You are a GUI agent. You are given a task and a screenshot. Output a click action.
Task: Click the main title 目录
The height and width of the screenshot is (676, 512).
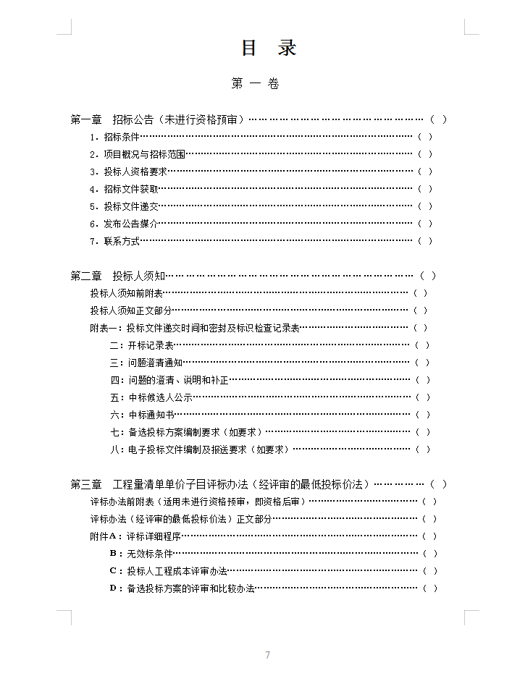[x=268, y=48]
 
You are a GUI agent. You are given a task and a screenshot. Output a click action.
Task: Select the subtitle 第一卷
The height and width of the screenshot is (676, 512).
[x=255, y=84]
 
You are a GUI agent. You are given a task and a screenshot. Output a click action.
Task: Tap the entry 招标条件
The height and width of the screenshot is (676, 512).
[x=121, y=137]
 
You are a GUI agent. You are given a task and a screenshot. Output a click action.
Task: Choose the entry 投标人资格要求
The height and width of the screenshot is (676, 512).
[x=135, y=172]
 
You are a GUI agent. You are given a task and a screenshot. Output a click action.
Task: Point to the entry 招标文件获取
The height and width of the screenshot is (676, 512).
[x=130, y=189]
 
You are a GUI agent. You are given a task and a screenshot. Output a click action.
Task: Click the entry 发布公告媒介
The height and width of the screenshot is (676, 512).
[x=130, y=224]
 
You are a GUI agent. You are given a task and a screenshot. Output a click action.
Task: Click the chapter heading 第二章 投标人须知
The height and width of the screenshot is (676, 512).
[x=117, y=276]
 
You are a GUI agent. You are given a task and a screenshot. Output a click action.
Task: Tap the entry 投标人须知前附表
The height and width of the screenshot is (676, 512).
[x=126, y=293]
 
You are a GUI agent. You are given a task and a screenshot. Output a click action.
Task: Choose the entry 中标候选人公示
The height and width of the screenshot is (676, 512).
[x=160, y=397]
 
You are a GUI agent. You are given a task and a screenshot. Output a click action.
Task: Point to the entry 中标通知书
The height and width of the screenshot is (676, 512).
[x=151, y=415]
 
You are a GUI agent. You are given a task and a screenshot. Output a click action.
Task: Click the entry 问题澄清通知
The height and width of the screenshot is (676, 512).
[x=155, y=363]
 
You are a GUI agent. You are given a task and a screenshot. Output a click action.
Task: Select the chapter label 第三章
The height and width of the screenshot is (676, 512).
[x=85, y=484]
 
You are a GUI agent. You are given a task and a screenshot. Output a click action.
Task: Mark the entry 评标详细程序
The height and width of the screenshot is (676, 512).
[x=153, y=536]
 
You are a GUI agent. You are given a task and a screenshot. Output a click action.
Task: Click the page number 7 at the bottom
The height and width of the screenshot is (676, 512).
[x=267, y=655]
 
